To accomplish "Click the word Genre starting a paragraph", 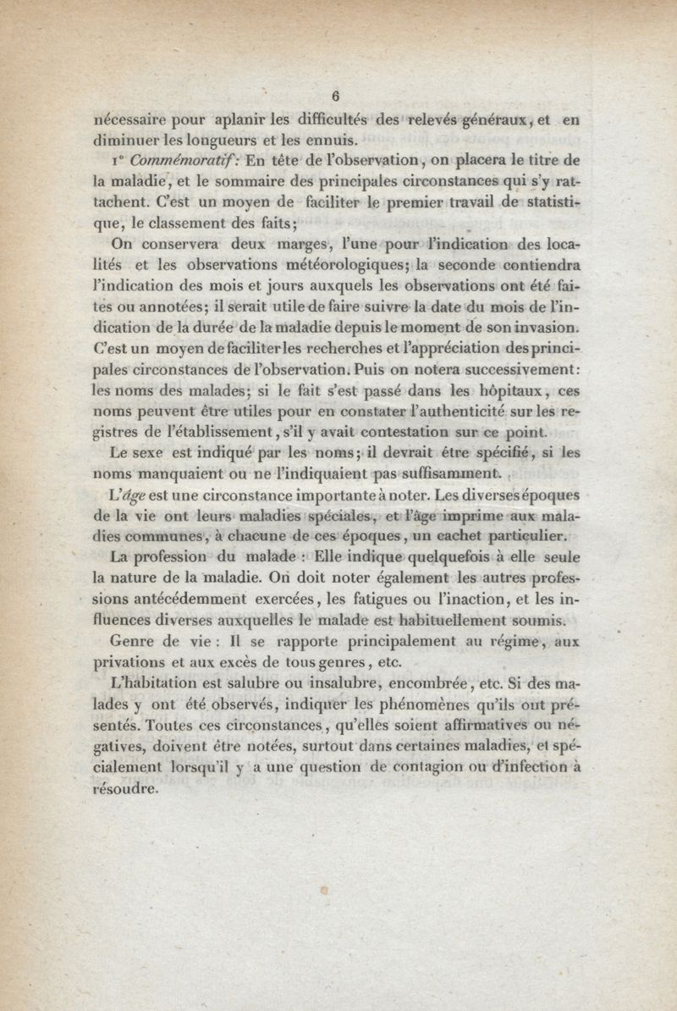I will click(138, 641).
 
